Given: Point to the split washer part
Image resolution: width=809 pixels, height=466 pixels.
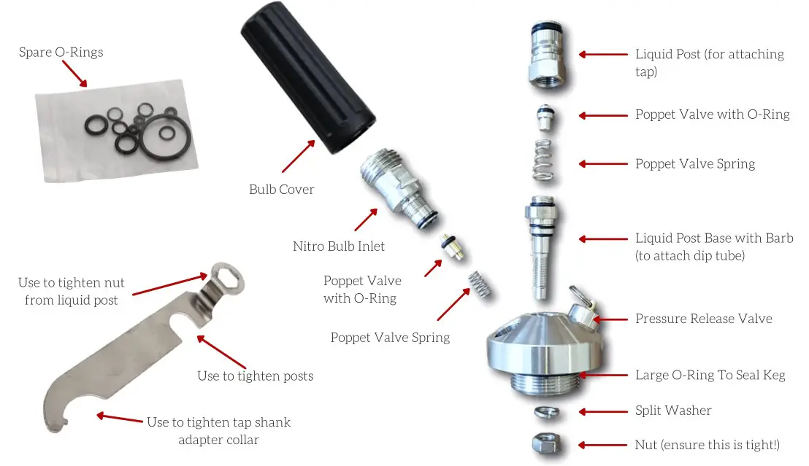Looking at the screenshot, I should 548,412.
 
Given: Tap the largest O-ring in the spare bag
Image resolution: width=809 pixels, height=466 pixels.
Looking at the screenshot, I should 167,141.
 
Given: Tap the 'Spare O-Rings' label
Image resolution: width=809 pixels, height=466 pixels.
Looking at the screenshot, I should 61,53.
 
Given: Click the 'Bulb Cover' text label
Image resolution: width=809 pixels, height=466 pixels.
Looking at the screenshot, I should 282,190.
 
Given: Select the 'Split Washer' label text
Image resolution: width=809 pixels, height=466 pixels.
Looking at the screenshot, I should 673,411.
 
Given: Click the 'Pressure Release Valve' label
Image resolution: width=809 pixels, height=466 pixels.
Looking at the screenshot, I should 703,319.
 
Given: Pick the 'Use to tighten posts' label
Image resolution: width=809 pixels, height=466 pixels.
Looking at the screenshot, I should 255,376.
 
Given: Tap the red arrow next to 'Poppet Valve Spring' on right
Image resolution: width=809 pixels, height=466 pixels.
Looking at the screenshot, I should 602,164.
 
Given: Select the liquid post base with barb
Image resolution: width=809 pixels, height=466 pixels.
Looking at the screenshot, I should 540,248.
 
